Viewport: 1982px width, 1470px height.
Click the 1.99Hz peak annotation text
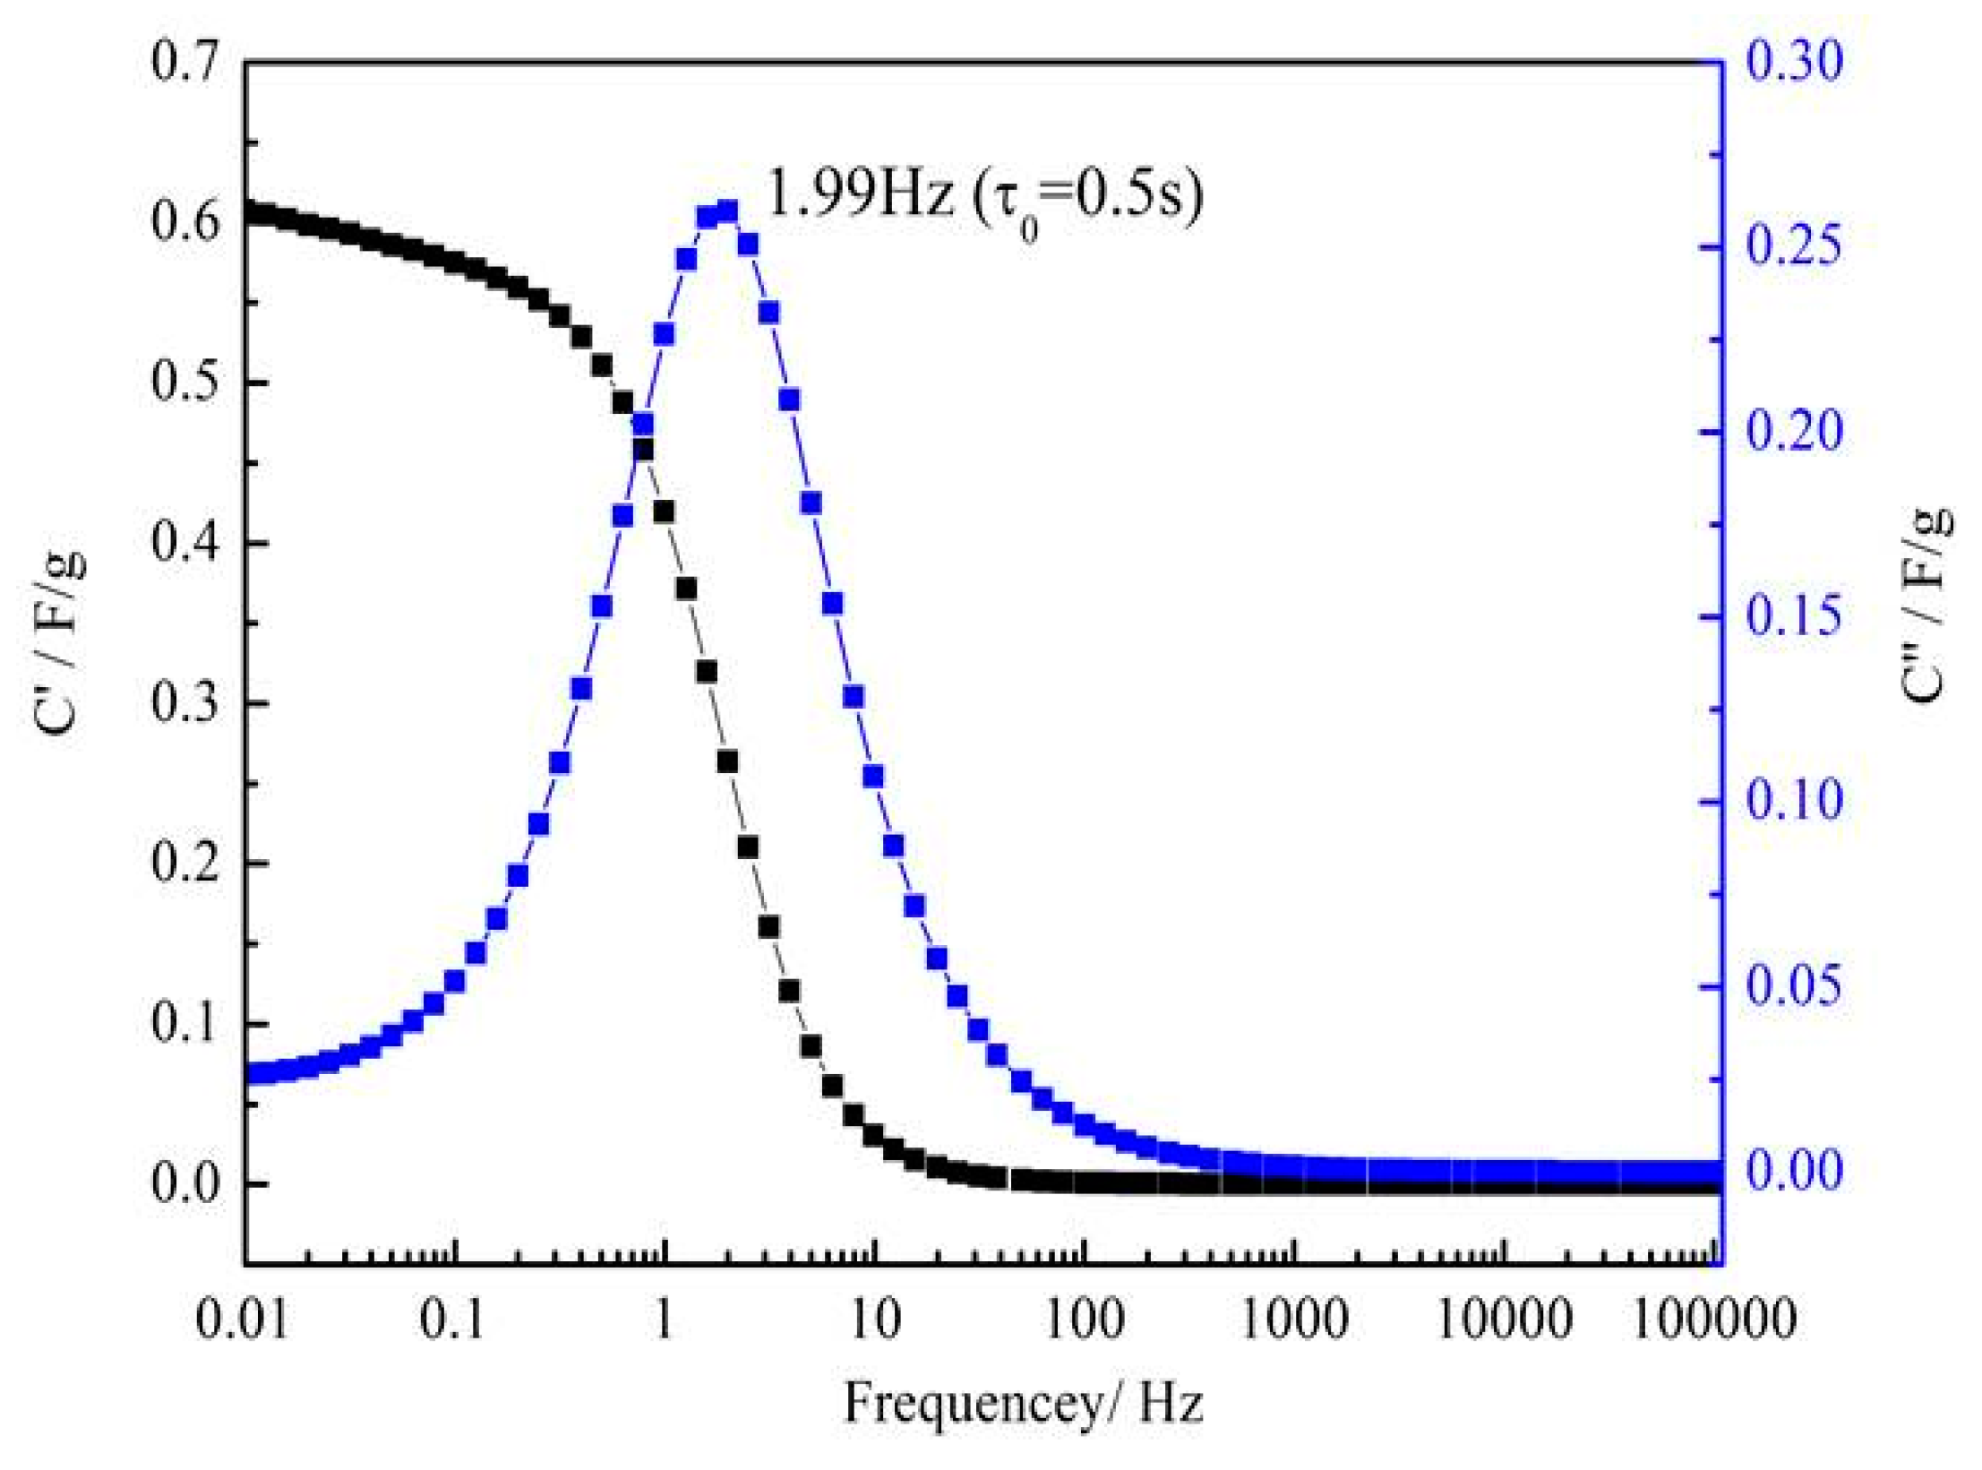click(x=984, y=196)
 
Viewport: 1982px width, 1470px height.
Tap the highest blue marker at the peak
click(x=727, y=212)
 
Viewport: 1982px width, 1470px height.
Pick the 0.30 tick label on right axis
click(x=1794, y=62)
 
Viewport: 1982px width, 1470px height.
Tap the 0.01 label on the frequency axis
click(x=243, y=1320)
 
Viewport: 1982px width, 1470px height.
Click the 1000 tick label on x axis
click(x=1293, y=1320)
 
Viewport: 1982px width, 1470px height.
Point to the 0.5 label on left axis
click(x=184, y=383)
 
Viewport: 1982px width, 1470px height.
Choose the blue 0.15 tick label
click(x=1794, y=616)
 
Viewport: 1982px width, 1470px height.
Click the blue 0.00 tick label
click(x=1794, y=1171)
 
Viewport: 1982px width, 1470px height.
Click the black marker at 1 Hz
click(x=664, y=511)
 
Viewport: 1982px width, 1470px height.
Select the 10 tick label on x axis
click(x=874, y=1320)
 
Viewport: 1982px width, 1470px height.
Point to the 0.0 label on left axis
click(x=184, y=1183)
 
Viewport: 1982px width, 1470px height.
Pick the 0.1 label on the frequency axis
click(x=452, y=1320)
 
